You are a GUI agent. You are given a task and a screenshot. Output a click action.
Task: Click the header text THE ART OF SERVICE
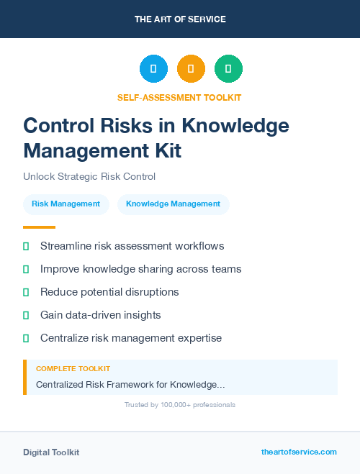tap(180, 19)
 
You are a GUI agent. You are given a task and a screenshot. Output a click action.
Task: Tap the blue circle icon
tap(153, 69)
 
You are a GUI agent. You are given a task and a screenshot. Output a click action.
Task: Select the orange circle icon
tap(191, 69)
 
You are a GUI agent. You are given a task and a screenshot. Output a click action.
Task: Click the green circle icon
tap(228, 69)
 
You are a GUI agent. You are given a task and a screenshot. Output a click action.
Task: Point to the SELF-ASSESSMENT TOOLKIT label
tap(179, 97)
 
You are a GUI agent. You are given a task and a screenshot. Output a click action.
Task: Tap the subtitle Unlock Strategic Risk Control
tap(89, 176)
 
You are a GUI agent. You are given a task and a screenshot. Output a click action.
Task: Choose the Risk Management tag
tap(66, 204)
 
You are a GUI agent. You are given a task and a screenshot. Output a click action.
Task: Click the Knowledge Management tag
tap(173, 204)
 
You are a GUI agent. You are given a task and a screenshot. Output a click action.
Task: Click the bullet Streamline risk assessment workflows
tap(132, 246)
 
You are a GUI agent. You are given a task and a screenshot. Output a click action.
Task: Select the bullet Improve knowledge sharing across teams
tap(140, 269)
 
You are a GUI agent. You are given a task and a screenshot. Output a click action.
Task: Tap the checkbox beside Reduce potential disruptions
tap(26, 292)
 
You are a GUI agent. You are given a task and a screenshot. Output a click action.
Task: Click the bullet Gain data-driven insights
tap(100, 315)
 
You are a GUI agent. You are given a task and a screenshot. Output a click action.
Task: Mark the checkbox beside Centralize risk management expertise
tap(26, 338)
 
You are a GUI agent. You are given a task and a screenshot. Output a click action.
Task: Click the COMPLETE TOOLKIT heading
tap(73, 369)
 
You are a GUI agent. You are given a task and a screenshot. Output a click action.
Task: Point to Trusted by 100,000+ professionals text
tap(180, 405)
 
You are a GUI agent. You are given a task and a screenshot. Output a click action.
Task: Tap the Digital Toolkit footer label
tap(51, 452)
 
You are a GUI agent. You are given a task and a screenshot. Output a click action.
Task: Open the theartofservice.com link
tap(299, 452)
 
